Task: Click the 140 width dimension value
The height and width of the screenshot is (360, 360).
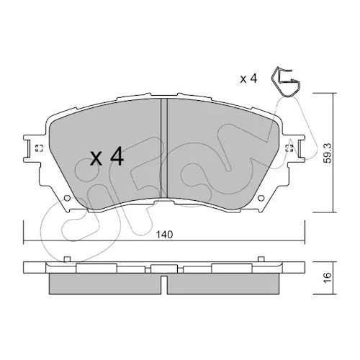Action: coord(164,234)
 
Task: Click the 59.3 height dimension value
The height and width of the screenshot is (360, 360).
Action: coord(328,153)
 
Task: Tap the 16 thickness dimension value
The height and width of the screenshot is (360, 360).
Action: coord(328,277)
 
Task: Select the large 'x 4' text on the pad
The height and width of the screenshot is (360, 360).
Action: coord(107,156)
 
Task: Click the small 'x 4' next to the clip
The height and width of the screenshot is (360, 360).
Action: coord(248,78)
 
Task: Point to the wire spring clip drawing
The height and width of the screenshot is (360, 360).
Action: coord(286,82)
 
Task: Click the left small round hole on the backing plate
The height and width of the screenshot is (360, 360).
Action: coord(68,199)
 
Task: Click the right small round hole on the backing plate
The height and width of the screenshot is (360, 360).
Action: coord(261,198)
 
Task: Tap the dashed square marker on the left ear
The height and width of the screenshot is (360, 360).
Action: coord(39,148)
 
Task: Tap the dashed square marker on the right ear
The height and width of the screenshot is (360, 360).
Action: coord(289,148)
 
